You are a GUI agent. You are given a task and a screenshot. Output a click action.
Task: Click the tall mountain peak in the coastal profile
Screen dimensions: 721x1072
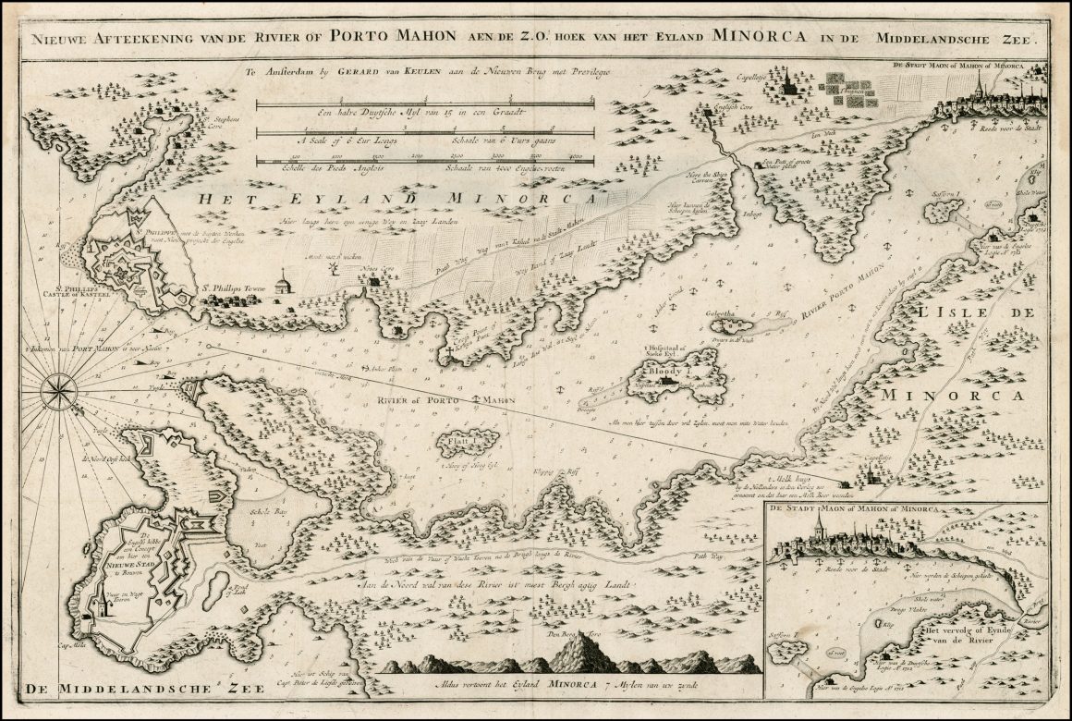(579, 653)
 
